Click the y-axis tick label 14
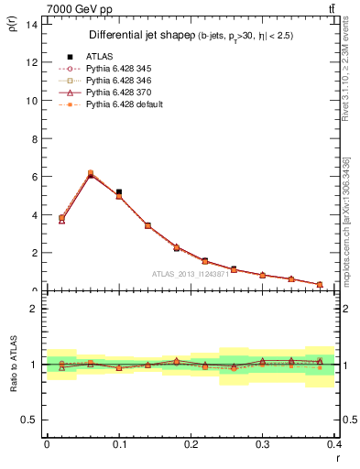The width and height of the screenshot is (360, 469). click(x=31, y=24)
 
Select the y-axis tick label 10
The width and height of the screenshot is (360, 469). click(x=31, y=101)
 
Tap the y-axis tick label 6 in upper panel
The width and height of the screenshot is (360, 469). click(x=34, y=177)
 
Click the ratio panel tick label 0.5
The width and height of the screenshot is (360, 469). click(x=30, y=420)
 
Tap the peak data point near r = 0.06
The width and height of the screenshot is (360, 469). click(x=90, y=173)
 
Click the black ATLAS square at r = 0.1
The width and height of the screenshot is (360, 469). click(x=119, y=192)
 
